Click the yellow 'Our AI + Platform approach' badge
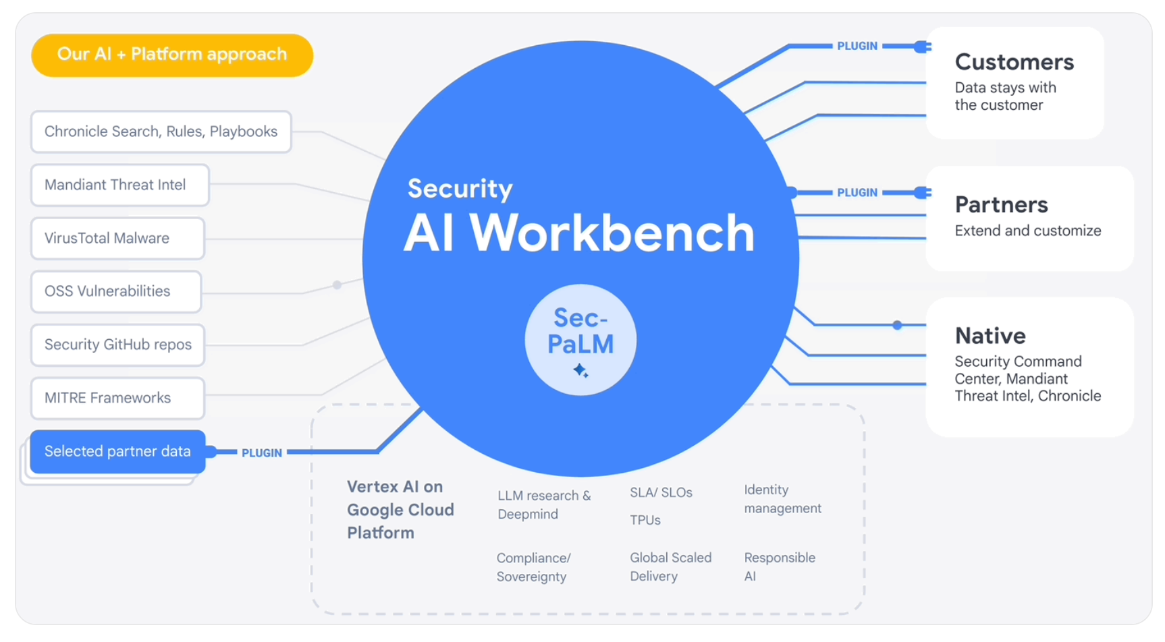click(x=172, y=55)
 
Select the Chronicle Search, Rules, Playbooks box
click(x=161, y=132)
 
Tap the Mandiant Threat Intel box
click(x=119, y=185)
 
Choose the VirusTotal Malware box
click(x=117, y=238)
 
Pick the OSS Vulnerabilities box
click(x=116, y=291)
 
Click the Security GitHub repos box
click(x=117, y=345)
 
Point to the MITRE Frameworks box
click(x=117, y=398)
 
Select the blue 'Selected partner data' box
click(x=117, y=451)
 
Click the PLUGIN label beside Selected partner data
click(x=262, y=453)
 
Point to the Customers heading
click(x=1014, y=62)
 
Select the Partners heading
click(x=1001, y=204)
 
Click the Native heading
click(x=990, y=335)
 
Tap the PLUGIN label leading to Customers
click(x=857, y=46)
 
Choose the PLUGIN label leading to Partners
click(x=857, y=192)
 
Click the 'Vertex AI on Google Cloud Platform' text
click(x=400, y=510)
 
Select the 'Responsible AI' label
click(x=779, y=566)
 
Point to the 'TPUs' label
click(x=645, y=520)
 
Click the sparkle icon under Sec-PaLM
click(x=580, y=370)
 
